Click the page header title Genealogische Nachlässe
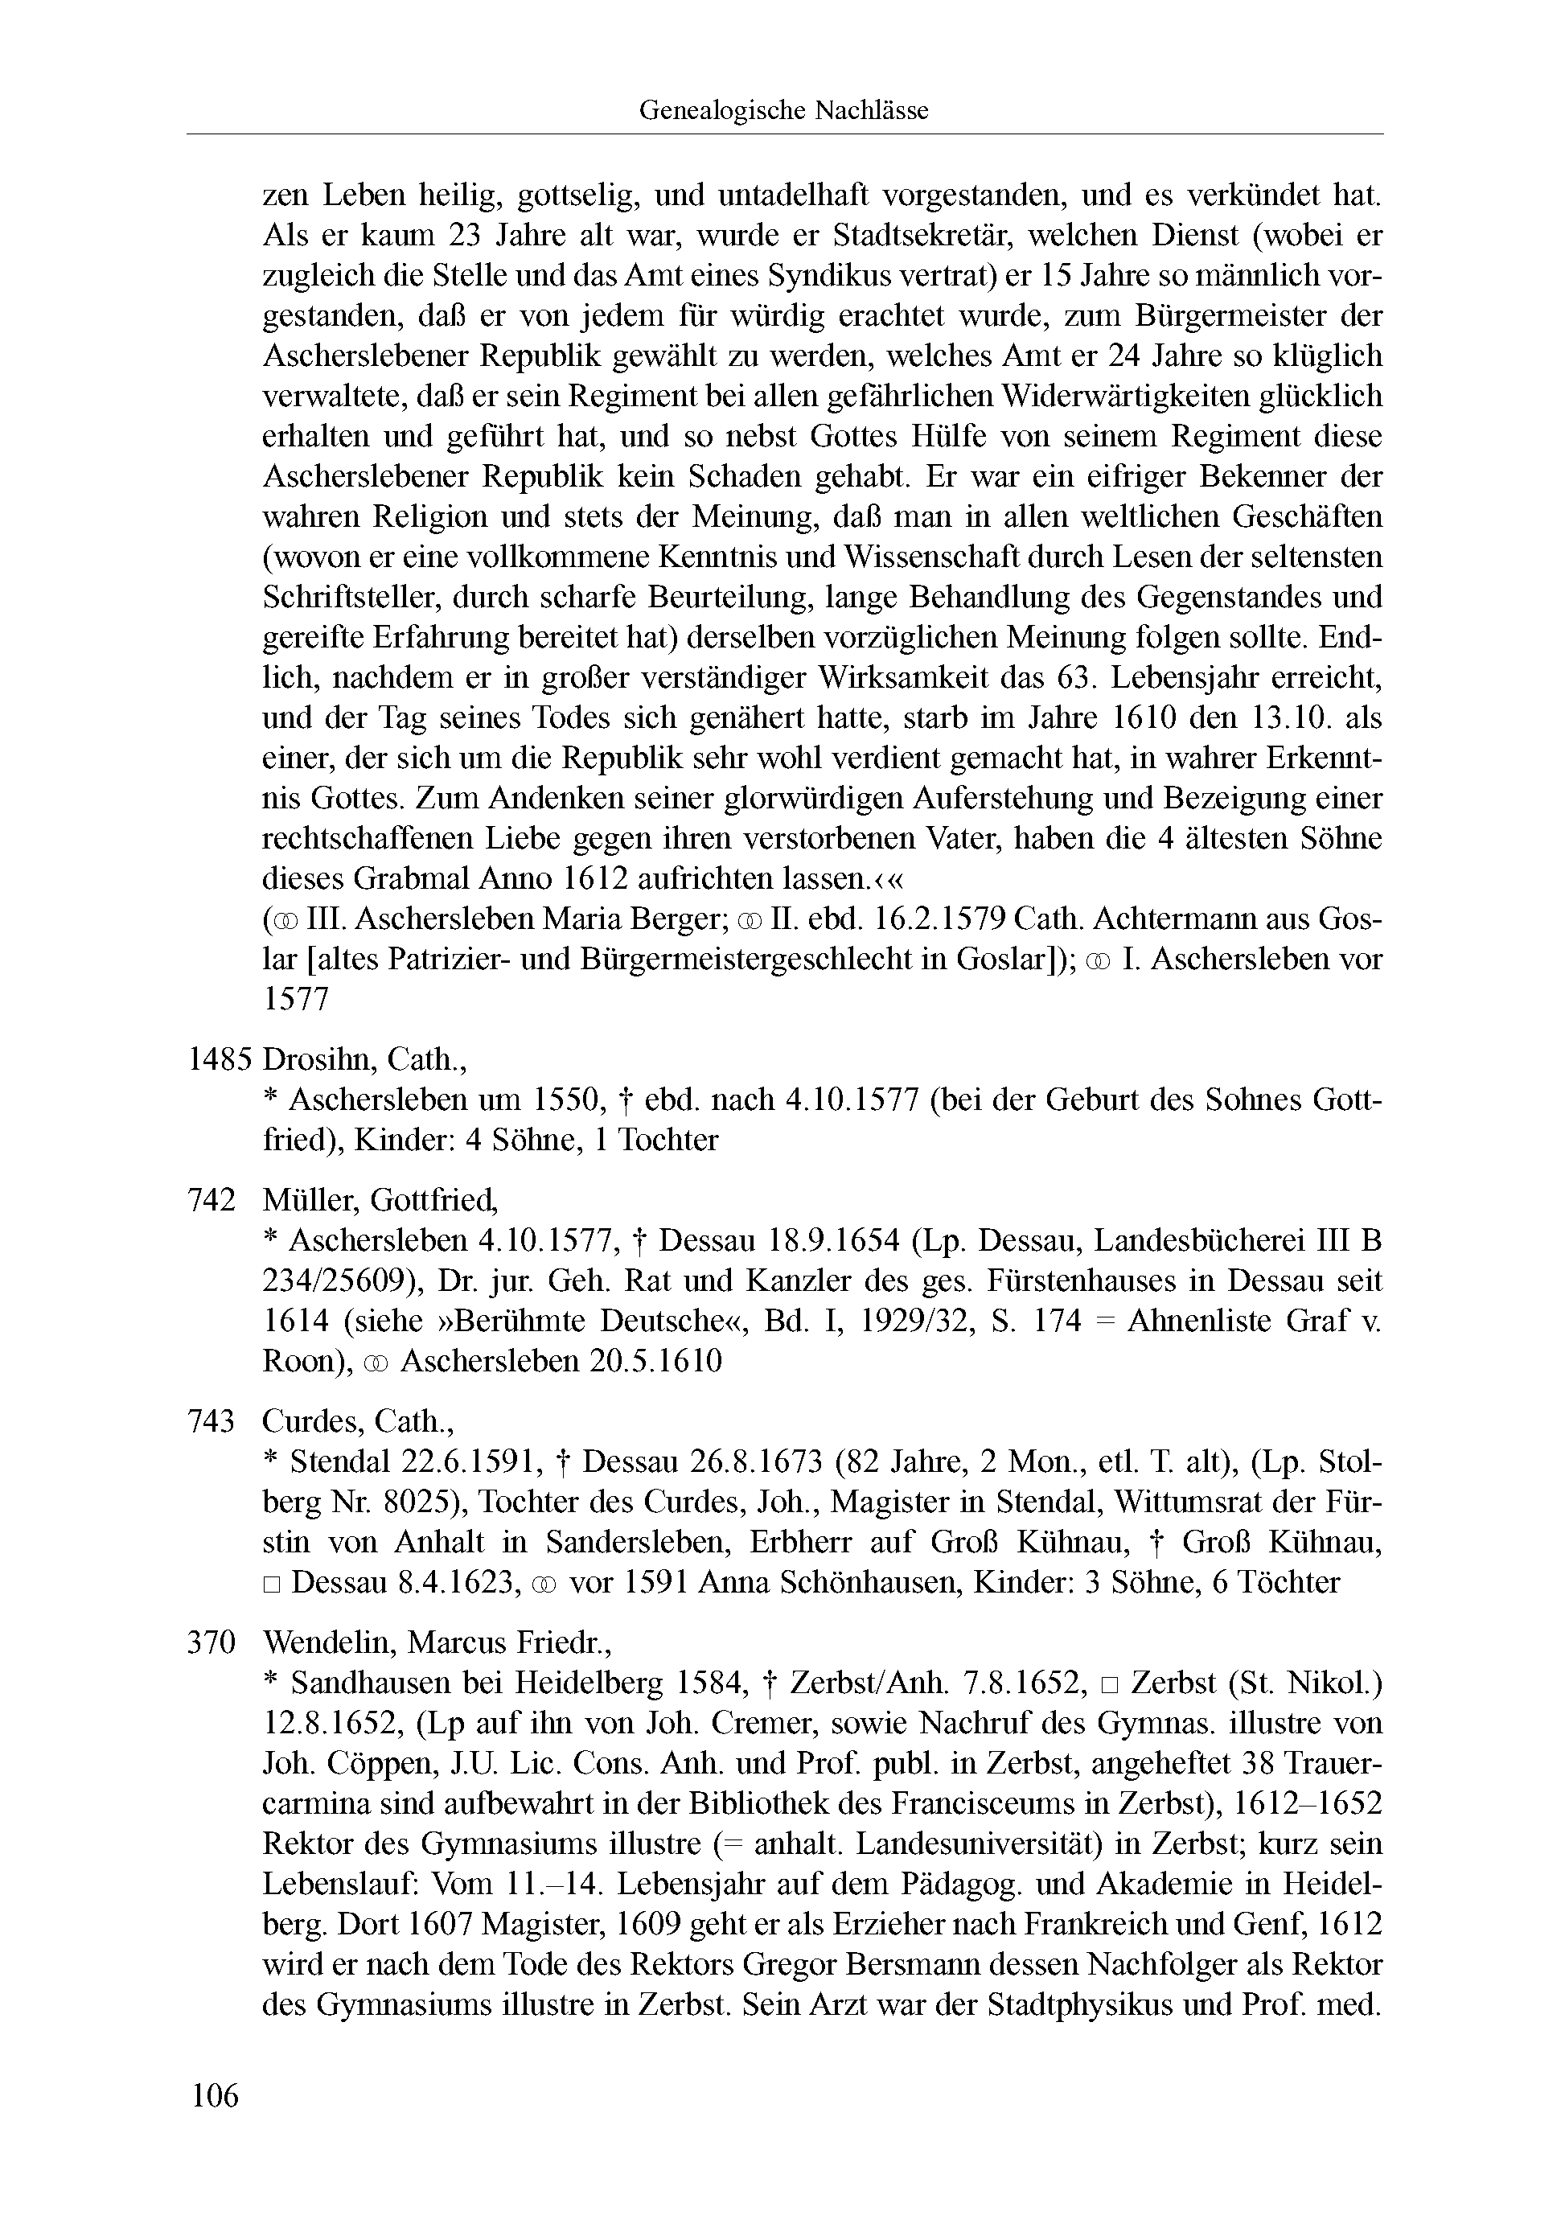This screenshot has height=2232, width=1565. pos(782,111)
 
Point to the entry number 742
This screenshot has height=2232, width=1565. pos(211,1201)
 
